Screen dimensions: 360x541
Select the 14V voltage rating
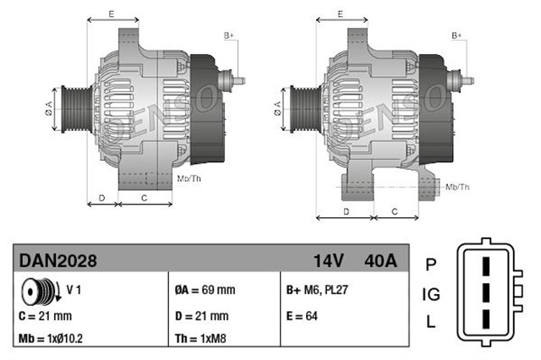click(x=329, y=261)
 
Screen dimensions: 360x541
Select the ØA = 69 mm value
click(x=205, y=290)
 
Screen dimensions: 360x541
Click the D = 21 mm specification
click(x=201, y=315)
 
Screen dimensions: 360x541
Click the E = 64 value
click(x=303, y=315)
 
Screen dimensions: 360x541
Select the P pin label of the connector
click(x=430, y=265)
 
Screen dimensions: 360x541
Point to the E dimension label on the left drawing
click(x=112, y=14)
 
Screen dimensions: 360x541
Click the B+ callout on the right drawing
click(x=456, y=35)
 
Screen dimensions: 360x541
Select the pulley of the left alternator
click(x=69, y=107)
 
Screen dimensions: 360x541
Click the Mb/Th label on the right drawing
click(x=457, y=186)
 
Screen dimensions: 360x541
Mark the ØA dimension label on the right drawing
click(x=277, y=107)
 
